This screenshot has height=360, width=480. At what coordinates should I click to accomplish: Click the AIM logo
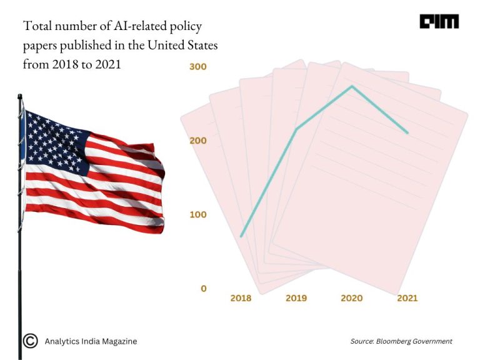439,22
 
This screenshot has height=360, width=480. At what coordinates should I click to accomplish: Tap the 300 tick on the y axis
198,66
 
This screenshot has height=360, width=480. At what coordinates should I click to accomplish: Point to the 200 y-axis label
198,141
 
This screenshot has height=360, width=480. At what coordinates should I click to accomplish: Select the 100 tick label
198,214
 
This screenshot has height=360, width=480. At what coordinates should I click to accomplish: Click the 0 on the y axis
204,289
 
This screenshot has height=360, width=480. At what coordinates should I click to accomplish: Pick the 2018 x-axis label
241,298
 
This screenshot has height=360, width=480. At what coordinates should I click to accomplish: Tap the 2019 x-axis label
296,298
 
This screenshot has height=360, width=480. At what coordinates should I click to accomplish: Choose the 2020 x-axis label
351,298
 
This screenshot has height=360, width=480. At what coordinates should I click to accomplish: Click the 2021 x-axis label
407,298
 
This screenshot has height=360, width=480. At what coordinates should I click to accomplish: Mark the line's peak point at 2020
352,86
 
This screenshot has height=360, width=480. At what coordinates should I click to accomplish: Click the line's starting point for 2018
241,236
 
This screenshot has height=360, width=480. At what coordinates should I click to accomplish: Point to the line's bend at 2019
296,129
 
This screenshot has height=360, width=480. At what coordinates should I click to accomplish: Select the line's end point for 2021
407,132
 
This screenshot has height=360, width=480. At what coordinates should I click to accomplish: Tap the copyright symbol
29,341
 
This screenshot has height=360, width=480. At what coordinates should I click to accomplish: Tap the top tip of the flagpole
20,96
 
